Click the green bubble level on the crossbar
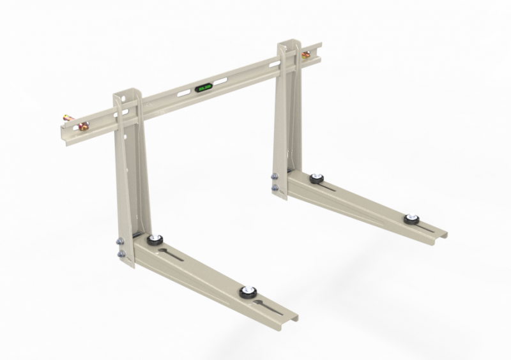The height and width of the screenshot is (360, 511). [204, 89]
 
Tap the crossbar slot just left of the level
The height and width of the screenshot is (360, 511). [183, 94]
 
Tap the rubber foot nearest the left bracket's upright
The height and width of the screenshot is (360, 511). [153, 241]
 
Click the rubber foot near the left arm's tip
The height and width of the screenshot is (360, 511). [245, 293]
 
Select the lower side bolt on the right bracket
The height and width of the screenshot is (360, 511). [275, 188]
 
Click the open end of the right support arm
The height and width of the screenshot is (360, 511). [441, 235]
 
